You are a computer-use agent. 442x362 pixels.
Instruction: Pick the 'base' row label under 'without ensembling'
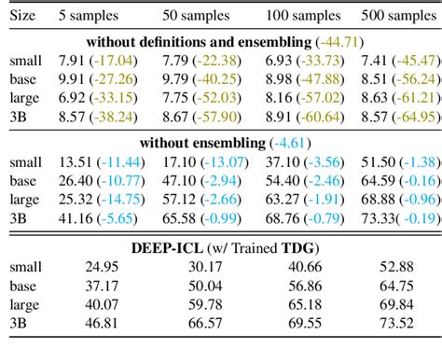20,180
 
